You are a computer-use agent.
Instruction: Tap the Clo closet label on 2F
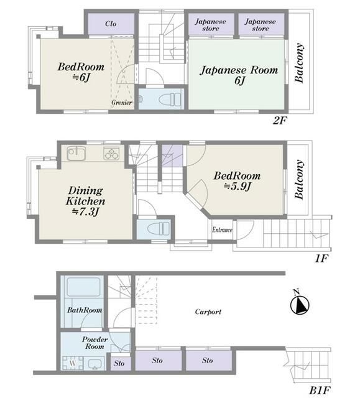[x=111, y=24]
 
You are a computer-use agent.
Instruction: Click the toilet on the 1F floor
[x=159, y=228]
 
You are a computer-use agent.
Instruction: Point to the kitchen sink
[x=76, y=154]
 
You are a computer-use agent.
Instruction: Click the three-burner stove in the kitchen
[x=111, y=154]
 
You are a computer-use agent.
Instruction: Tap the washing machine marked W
[x=73, y=363]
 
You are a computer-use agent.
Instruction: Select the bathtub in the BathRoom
[x=83, y=287]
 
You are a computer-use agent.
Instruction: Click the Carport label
[x=208, y=312]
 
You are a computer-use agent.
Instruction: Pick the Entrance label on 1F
[x=222, y=230]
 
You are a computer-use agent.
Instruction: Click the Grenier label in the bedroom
[x=121, y=103]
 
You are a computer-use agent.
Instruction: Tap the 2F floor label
[x=280, y=121]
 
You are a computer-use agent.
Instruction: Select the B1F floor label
[x=320, y=391]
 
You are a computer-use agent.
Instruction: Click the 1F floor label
[x=321, y=259]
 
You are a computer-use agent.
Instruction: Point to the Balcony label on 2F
[x=299, y=63]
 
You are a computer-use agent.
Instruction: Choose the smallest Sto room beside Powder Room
[x=121, y=363]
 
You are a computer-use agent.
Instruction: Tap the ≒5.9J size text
[x=238, y=187]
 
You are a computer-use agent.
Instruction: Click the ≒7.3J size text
[x=85, y=211]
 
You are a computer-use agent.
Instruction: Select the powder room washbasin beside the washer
[x=94, y=364]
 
